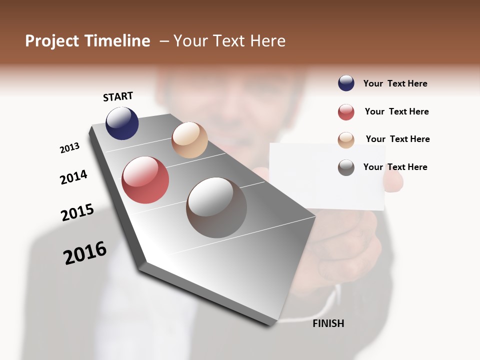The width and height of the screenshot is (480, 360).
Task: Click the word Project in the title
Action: point(52,41)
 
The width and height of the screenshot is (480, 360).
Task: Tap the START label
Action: point(118,96)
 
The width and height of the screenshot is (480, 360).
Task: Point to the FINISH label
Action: point(328,323)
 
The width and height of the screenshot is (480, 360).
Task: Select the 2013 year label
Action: point(69,148)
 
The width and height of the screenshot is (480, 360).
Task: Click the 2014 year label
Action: point(73,177)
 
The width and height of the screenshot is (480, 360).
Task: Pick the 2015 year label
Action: point(77,212)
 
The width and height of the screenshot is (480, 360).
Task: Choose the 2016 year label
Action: point(85,253)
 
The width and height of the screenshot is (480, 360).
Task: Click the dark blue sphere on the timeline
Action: point(122,123)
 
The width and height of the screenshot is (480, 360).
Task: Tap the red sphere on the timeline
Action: point(145,180)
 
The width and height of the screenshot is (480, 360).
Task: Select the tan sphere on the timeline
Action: point(189,140)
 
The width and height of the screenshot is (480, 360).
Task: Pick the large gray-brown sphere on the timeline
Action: point(216,207)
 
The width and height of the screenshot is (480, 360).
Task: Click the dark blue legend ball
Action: point(346,83)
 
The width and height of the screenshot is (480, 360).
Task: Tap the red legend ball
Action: point(346,112)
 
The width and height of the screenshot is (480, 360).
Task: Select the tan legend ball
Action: point(346,140)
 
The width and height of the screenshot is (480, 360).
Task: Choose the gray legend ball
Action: point(346,167)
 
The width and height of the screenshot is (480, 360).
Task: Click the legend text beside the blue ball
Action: point(395,83)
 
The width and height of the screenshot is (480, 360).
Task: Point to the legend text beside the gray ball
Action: point(395,167)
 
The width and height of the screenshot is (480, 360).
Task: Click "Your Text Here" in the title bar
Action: point(229,41)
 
